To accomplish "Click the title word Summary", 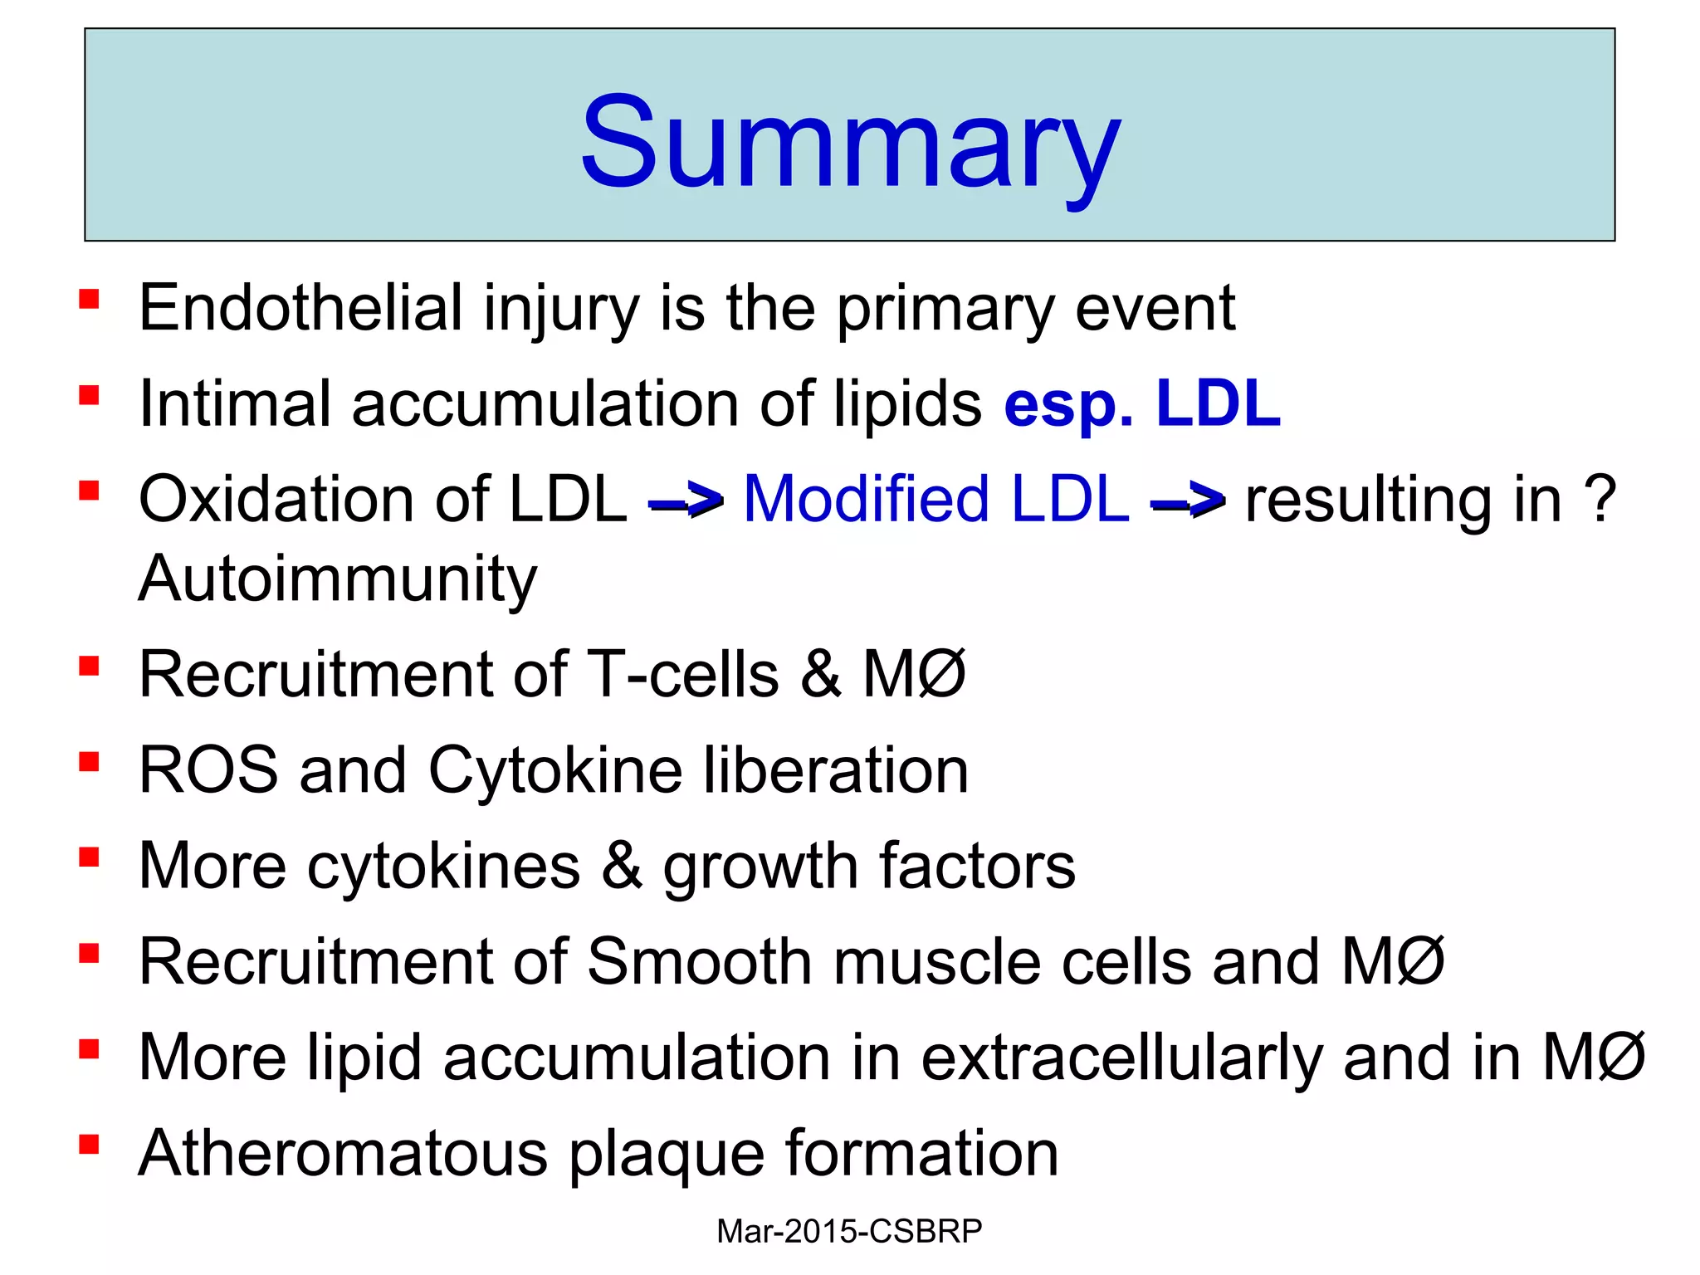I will point(850,141).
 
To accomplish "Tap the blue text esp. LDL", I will point(1142,404).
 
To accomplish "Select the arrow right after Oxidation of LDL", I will point(686,501).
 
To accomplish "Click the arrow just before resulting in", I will point(1188,501).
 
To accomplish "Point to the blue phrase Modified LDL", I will point(935,500).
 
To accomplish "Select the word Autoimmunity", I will point(338,579).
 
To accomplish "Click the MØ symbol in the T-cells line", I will point(915,674).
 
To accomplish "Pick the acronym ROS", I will point(208,770).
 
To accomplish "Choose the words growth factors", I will point(868,867).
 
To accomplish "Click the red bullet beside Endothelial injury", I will point(89,299).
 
